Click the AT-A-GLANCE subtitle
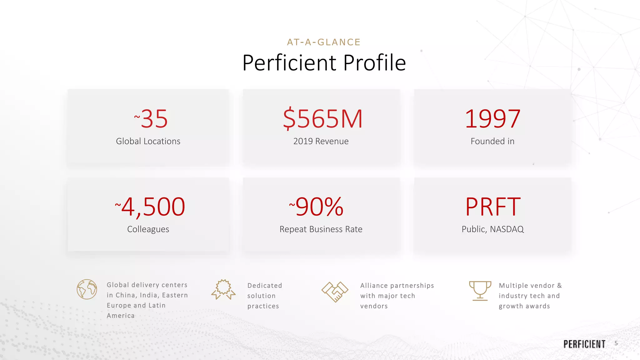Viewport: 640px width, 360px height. [324, 42]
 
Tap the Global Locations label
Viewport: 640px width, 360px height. [148, 141]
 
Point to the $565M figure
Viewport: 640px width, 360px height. [322, 119]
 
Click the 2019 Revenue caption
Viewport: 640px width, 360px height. [321, 141]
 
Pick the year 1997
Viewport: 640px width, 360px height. [492, 119]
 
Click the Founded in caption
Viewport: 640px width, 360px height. [492, 141]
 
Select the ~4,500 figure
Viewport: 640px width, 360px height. [150, 207]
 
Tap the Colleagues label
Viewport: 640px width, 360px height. [148, 229]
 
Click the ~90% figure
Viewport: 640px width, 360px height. [317, 207]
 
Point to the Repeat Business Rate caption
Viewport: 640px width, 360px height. [321, 229]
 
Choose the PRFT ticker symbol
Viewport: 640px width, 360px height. [493, 207]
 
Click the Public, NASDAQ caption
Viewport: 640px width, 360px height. [492, 229]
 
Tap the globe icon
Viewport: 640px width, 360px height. [87, 289]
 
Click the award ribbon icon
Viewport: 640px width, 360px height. [223, 289]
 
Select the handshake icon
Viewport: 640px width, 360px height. [335, 292]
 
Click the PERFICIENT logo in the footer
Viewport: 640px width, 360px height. [584, 344]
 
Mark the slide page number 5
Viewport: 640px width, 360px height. [616, 343]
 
